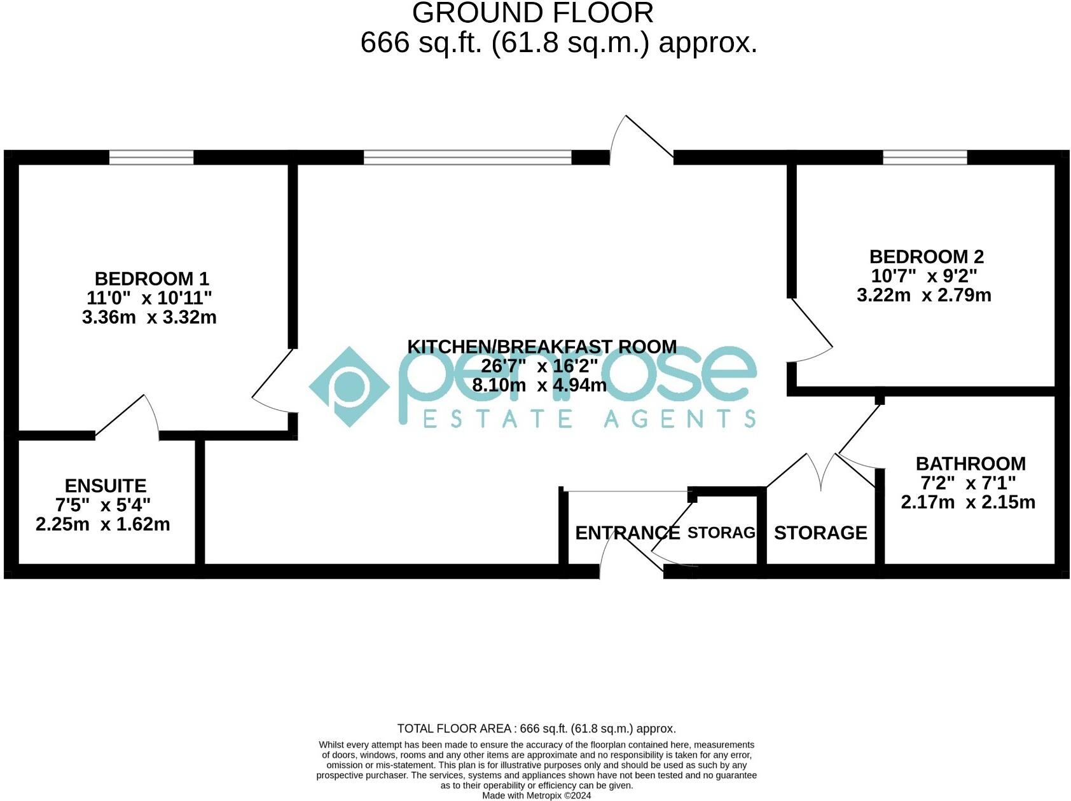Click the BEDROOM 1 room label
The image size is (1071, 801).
point(151,278)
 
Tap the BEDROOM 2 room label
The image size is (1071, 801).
point(926,257)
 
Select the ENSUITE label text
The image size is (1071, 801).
point(106,486)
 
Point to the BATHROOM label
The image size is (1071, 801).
point(970,463)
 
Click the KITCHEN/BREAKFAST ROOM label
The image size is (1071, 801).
point(542,346)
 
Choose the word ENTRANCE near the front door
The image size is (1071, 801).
point(627,533)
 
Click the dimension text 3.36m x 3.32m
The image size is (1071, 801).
point(149,317)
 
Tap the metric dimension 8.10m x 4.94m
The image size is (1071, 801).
point(539,385)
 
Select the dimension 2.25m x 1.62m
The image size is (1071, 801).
point(103,524)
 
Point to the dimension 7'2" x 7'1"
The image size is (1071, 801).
point(968,483)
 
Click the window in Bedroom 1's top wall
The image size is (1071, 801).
point(151,157)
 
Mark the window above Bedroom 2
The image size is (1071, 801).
point(925,157)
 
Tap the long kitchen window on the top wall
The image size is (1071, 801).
point(467,157)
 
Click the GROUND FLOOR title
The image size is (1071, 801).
point(533,13)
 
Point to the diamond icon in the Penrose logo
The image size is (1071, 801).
point(349,386)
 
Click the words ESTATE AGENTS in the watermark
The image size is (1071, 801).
point(589,419)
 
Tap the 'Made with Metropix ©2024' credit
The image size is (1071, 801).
point(536,795)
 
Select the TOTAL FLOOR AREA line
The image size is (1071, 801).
point(536,729)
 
